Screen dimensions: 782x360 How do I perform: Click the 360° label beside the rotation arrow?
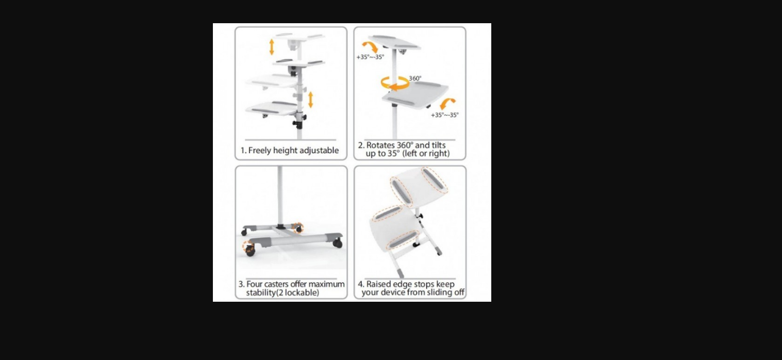click(415, 78)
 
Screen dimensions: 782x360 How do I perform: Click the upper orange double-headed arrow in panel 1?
click(272, 47)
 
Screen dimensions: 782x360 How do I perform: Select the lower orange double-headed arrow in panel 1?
click(310, 100)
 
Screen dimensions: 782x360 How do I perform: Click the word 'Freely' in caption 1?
click(259, 151)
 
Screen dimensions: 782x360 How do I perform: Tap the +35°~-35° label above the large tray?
click(370, 57)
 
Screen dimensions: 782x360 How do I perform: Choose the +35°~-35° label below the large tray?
click(445, 115)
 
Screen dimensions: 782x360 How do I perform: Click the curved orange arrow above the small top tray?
click(370, 46)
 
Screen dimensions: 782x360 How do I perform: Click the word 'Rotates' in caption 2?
click(380, 145)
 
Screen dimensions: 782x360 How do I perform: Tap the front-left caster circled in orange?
click(249, 248)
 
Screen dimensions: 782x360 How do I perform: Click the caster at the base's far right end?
click(338, 243)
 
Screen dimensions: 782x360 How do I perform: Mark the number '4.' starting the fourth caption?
click(361, 284)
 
